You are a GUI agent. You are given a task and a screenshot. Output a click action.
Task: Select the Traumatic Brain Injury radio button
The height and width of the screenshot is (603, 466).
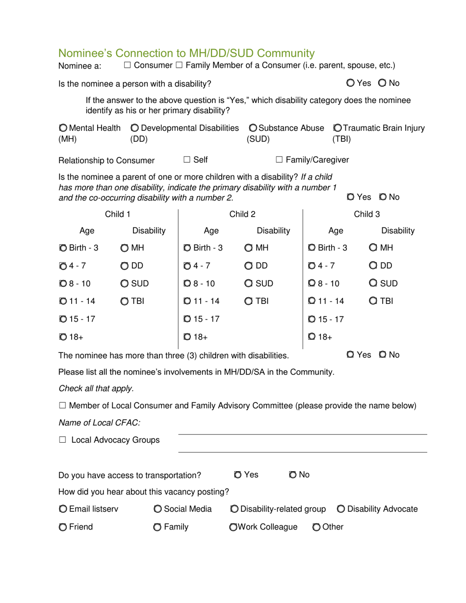pos(337,128)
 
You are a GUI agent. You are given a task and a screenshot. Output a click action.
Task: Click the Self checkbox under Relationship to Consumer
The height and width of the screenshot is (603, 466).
pos(187,159)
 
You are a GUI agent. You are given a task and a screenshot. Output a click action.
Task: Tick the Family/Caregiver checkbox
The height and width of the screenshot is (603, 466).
pos(279,159)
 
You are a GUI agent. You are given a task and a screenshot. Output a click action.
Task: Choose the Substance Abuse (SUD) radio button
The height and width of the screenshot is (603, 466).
pos(253,128)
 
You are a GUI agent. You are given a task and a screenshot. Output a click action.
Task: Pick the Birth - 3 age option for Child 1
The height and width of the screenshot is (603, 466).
pos(63,248)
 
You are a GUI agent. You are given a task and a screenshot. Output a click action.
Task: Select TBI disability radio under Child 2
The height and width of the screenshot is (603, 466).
pos(249,301)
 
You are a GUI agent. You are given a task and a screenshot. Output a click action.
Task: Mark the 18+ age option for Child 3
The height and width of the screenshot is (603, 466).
pos(312,336)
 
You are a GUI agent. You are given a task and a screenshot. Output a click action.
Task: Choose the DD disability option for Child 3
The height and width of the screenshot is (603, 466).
pos(374,266)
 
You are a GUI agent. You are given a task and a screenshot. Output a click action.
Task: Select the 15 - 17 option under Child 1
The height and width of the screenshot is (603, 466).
pos(63,319)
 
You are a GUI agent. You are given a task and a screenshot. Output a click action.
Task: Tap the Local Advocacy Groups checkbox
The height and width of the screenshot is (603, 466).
pos(62,440)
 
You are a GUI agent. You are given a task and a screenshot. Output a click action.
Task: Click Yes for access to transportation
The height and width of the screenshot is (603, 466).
pos(237,475)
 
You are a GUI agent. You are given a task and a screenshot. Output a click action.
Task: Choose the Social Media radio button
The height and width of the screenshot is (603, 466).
pos(157,509)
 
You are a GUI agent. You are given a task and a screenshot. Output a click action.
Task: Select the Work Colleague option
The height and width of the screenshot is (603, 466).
pos(233,528)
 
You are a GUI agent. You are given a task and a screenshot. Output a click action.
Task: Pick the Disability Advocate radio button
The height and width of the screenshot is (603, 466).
pos(341,509)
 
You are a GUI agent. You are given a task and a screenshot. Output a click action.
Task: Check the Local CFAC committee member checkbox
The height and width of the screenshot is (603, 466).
pos(62,405)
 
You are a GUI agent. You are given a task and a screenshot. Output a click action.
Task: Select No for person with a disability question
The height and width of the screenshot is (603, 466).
pos(382,83)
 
